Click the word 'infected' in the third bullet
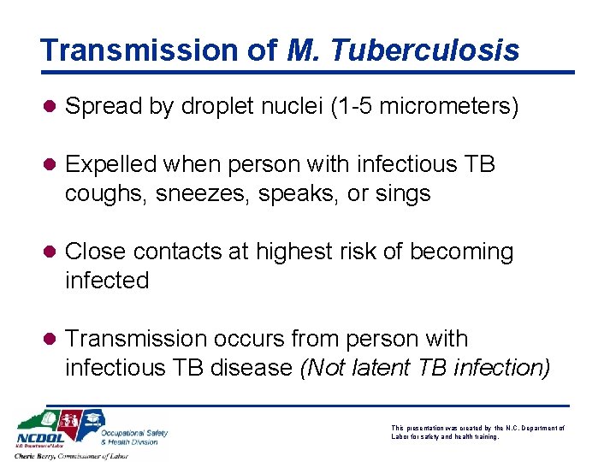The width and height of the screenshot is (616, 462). coord(107,281)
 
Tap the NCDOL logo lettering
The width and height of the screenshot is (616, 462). coord(38,439)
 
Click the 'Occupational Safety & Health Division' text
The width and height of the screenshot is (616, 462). coord(134,437)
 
